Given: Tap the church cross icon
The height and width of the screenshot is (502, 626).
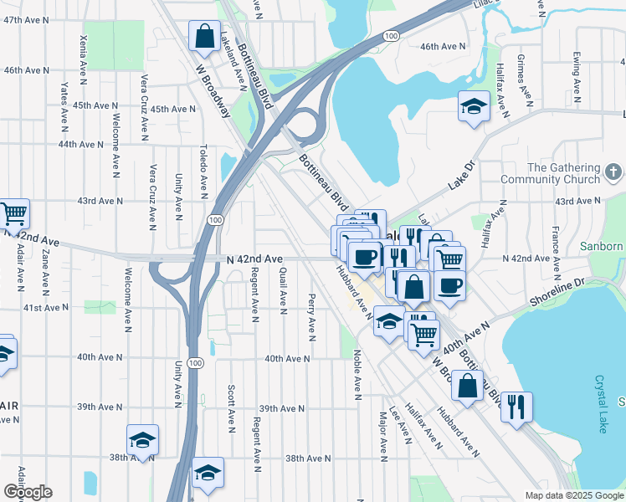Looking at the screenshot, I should (613, 173).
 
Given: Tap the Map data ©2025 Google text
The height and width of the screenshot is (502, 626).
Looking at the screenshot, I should (573, 495).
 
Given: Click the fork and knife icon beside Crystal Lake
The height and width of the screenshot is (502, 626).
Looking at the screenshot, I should (516, 407).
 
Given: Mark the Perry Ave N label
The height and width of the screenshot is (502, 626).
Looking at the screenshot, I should (311, 316).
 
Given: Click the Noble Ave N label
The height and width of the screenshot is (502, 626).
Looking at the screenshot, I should (357, 372).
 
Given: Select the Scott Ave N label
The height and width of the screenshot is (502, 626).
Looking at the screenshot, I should (231, 403).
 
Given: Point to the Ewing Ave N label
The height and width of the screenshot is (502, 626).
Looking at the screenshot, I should (577, 75).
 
